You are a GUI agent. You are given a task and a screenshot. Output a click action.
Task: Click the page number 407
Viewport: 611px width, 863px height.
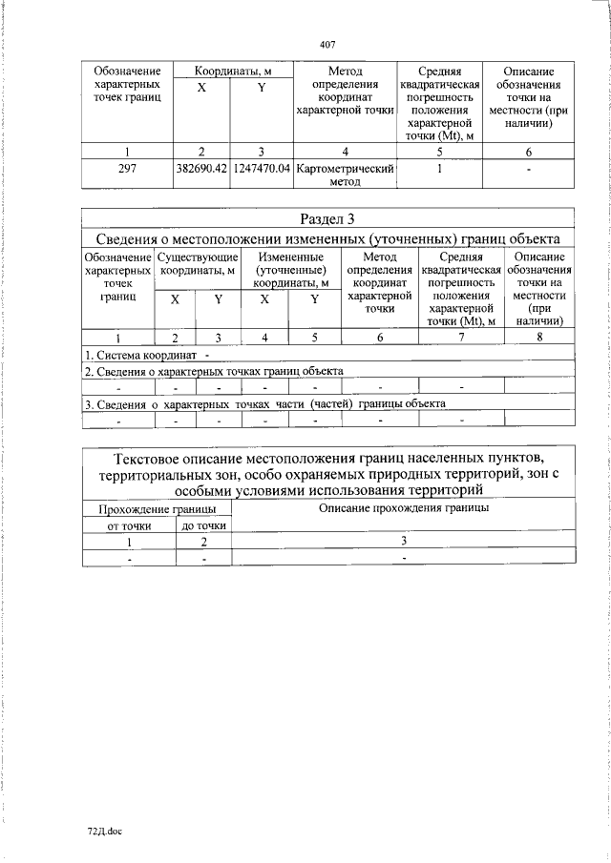[327, 43]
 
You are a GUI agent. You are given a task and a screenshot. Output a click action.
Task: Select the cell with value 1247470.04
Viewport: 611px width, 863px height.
[262, 169]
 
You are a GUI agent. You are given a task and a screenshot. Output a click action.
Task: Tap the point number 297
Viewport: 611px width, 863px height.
[128, 169]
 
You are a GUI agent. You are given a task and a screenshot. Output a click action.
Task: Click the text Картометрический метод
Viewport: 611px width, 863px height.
[345, 175]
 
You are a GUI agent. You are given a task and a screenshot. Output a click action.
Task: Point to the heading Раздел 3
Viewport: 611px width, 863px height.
[327, 219]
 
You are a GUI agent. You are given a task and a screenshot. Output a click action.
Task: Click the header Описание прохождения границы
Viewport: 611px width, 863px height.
[403, 508]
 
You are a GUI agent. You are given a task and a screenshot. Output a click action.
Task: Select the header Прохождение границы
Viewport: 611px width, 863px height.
[157, 511]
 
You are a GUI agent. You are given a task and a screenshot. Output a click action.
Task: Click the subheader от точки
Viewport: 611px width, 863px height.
[130, 525]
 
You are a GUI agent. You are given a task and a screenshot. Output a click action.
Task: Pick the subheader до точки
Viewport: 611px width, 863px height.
[203, 525]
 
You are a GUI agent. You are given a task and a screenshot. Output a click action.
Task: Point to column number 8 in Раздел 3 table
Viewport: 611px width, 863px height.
[538, 338]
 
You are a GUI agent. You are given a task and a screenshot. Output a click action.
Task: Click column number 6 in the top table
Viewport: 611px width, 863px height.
[527, 152]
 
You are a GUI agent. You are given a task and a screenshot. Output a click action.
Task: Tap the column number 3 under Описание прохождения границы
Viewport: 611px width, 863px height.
[403, 541]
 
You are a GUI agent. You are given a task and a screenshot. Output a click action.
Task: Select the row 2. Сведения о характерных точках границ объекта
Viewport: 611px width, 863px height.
[213, 372]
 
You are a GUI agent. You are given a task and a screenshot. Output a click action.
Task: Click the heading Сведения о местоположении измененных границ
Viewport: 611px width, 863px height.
[327, 238]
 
